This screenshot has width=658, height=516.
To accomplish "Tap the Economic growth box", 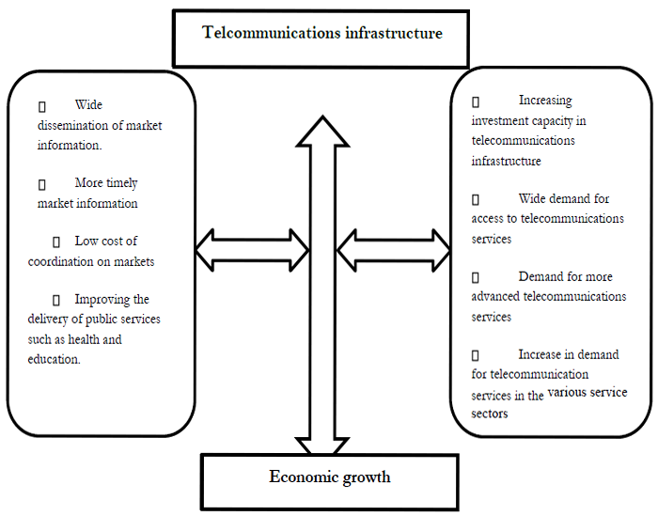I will (329, 479).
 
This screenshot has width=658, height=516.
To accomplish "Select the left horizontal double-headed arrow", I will (252, 250).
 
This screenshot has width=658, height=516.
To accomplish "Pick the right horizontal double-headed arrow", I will (394, 250).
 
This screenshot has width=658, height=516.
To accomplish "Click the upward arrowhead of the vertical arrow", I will (322, 132).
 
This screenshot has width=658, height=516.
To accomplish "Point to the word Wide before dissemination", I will (88, 105).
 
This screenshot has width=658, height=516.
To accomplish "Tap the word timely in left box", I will (119, 183).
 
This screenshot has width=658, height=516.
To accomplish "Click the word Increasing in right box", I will (545, 101).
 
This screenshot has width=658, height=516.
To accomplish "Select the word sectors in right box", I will (490, 414).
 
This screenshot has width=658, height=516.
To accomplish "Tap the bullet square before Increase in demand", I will (476, 355).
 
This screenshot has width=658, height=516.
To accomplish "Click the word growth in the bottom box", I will (366, 477).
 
